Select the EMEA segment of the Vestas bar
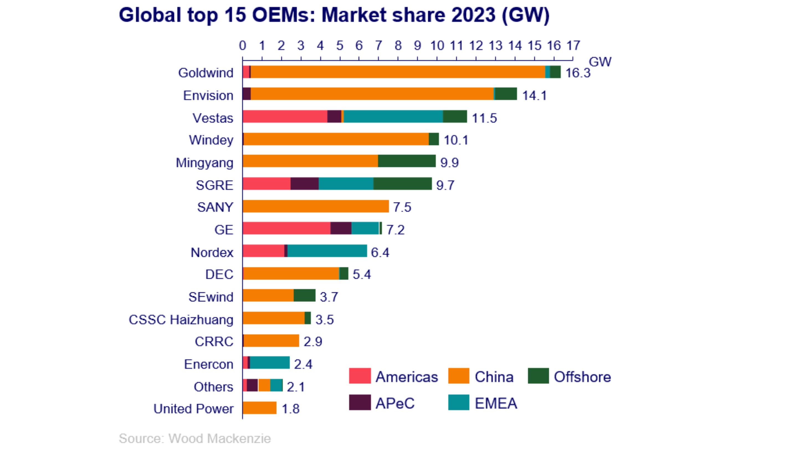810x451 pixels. [x=393, y=116]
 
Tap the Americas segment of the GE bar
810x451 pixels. [x=286, y=228]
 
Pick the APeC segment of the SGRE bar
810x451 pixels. [x=304, y=184]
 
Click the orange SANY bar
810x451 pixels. [x=315, y=206]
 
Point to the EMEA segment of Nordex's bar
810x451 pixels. [x=327, y=251]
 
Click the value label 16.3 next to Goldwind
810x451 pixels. [x=578, y=73]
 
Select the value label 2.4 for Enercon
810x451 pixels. [x=303, y=364]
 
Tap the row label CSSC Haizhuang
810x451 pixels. [x=181, y=319]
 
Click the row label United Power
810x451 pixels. [x=193, y=409]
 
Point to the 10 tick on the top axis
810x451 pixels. [x=437, y=46]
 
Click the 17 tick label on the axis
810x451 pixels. [x=573, y=46]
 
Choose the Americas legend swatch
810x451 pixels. [x=360, y=376]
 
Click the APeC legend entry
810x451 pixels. [x=395, y=403]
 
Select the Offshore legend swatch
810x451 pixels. [x=538, y=376]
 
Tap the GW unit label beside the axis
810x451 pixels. [x=600, y=62]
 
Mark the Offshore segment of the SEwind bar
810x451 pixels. [x=304, y=295]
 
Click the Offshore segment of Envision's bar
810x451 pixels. [x=506, y=94]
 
